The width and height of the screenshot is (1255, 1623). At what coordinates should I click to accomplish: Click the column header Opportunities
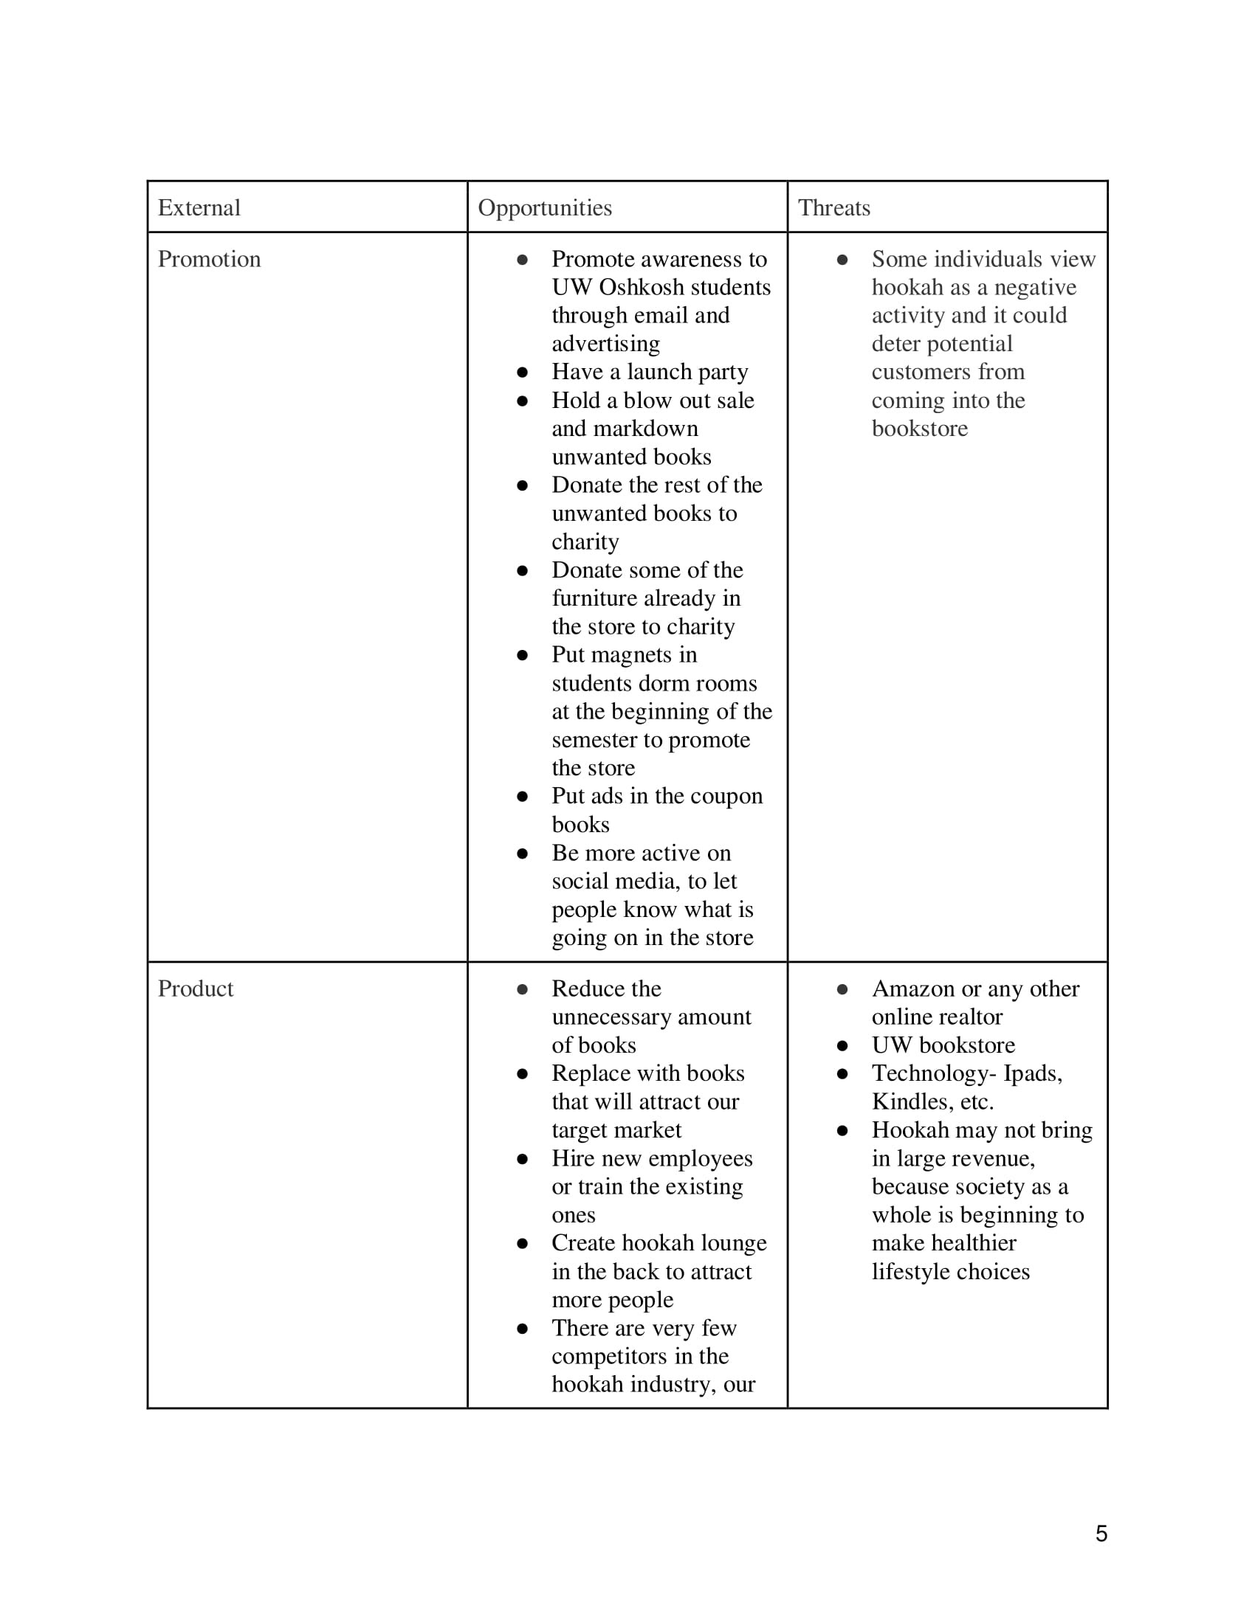(x=544, y=208)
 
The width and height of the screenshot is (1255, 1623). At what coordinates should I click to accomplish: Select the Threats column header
(x=833, y=208)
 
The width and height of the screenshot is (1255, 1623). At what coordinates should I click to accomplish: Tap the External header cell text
(x=199, y=208)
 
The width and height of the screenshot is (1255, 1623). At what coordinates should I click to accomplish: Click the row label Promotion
(x=209, y=260)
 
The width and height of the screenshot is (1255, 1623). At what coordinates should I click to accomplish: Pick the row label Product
(x=196, y=989)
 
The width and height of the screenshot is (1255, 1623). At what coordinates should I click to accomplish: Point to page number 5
(x=1101, y=1534)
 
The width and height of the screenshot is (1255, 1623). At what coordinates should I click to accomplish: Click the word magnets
(x=622, y=655)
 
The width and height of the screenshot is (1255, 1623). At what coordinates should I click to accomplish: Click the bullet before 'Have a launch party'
(x=523, y=373)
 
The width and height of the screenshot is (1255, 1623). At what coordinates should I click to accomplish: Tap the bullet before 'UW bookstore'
(x=842, y=1046)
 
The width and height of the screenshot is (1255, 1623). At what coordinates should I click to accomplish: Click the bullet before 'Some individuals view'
(x=842, y=260)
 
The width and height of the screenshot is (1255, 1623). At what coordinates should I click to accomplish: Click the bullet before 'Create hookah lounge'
(x=523, y=1244)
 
